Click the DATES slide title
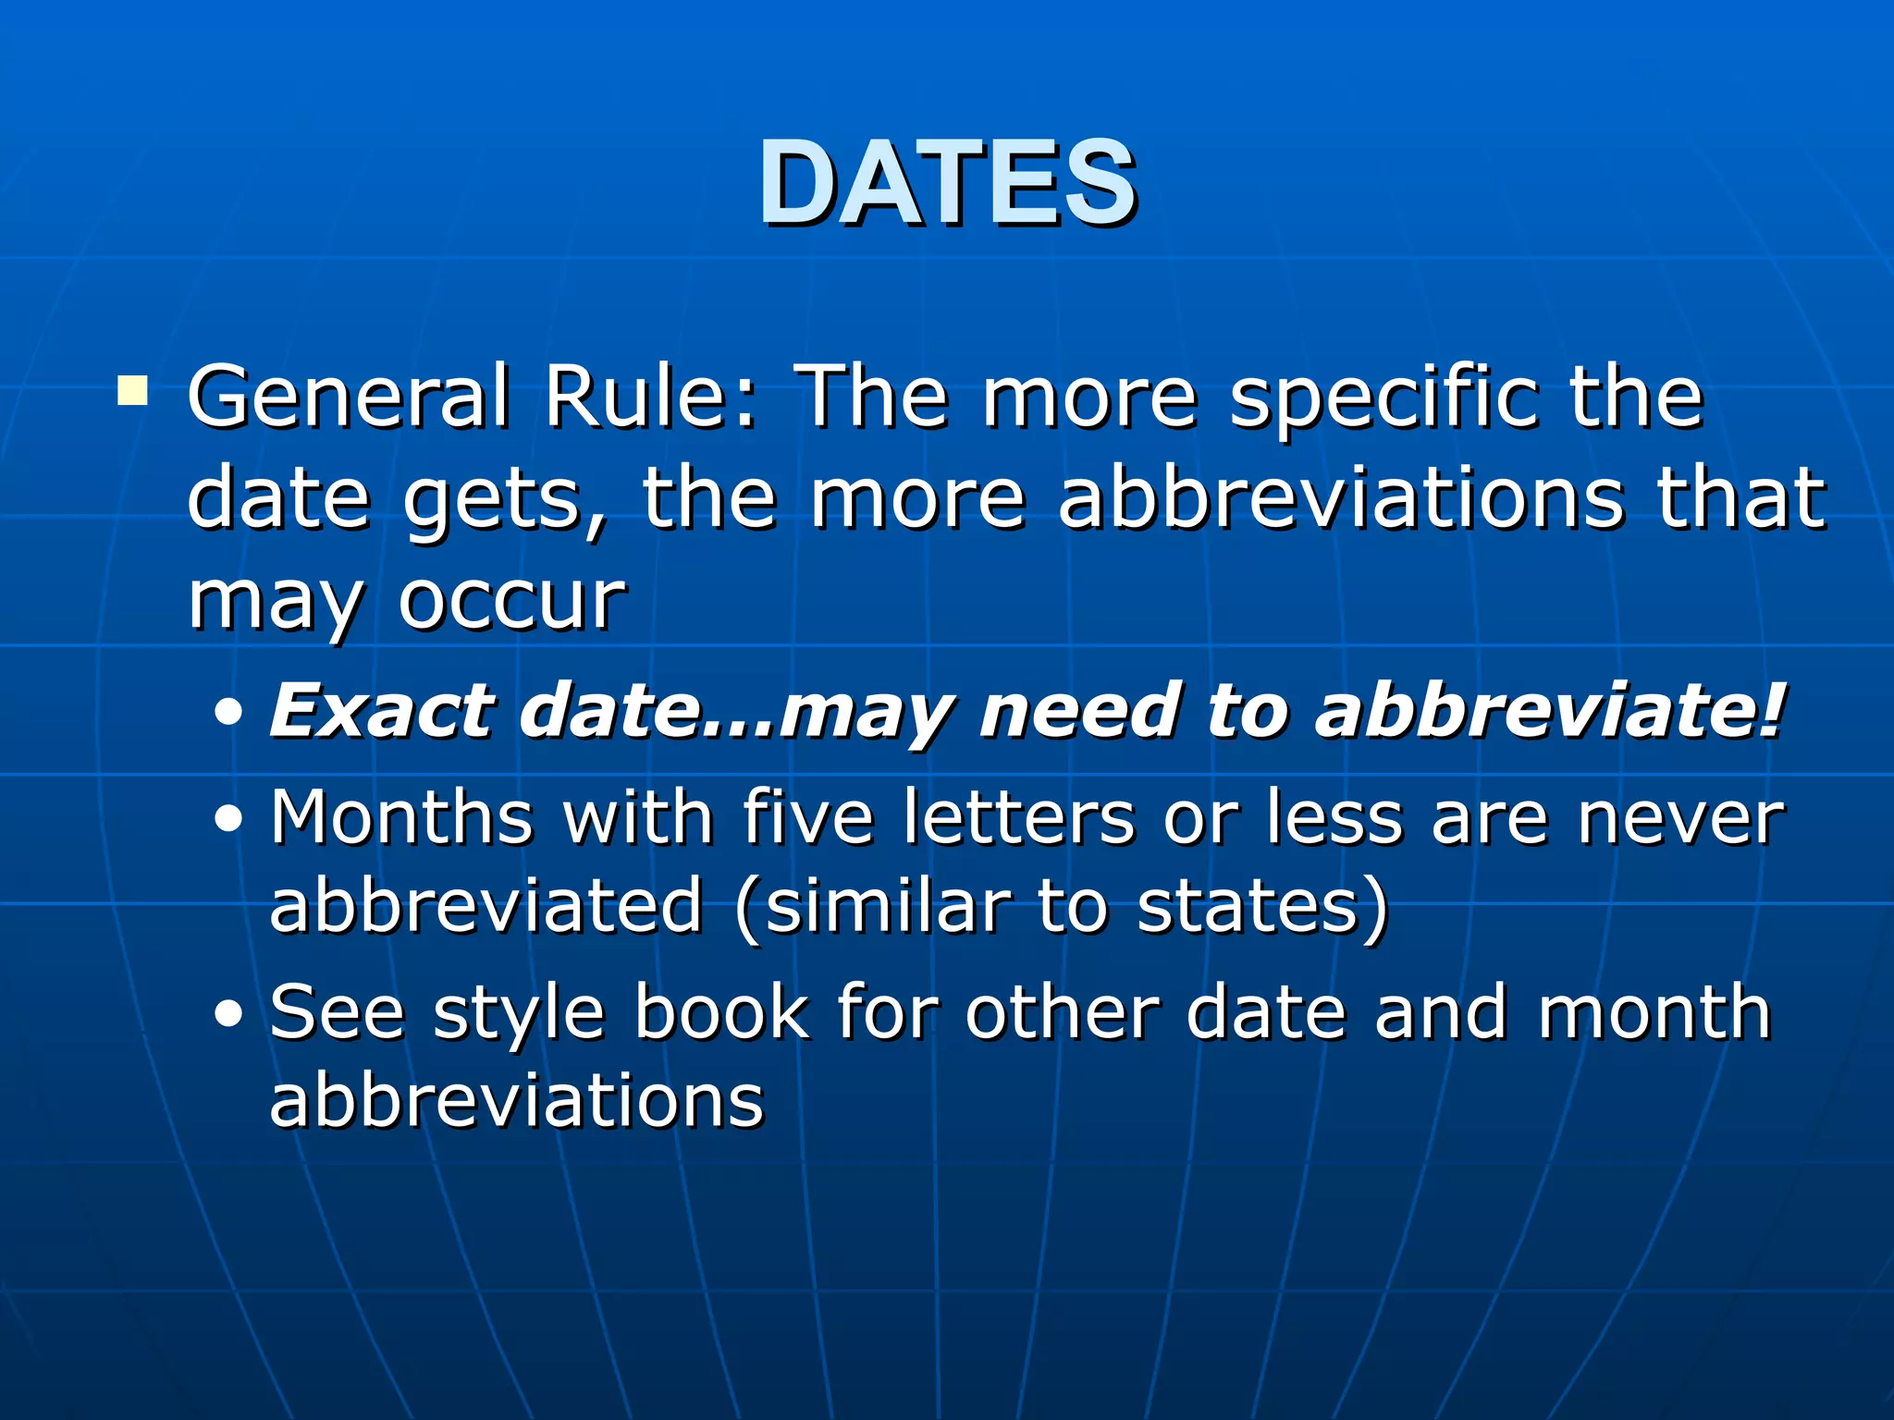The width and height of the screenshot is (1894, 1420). coord(947,182)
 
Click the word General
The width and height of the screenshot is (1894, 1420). coord(348,398)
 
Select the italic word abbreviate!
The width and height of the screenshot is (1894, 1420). coord(1550,713)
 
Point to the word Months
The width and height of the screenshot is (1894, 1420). coord(401,817)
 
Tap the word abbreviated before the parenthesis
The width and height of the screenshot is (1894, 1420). coord(486,906)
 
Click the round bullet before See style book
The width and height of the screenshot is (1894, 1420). coord(228,1013)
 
